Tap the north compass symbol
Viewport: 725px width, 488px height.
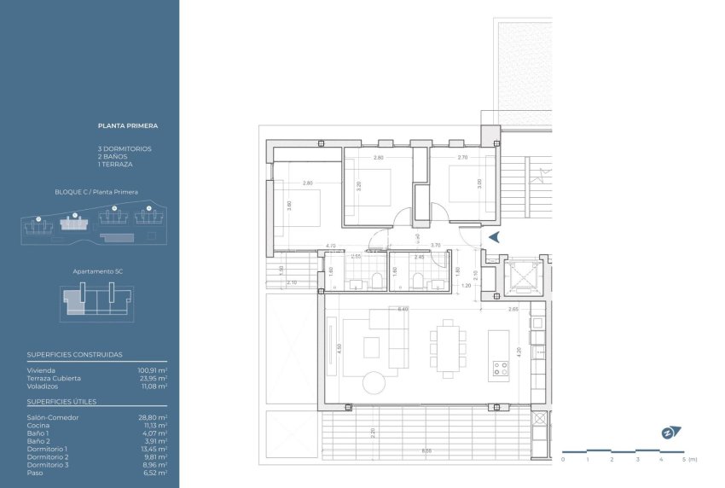click(x=667, y=433)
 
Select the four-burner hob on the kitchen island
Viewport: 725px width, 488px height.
click(x=500, y=369)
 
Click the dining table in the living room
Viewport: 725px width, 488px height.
click(x=447, y=348)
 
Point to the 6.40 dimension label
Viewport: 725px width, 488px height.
click(x=403, y=309)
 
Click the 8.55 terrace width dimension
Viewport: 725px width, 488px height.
click(x=426, y=450)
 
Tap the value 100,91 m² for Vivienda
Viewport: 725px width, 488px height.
click(x=153, y=371)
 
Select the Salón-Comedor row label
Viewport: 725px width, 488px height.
click(x=53, y=417)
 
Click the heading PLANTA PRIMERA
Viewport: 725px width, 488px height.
click(x=128, y=125)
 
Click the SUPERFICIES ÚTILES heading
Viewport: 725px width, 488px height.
click(x=61, y=401)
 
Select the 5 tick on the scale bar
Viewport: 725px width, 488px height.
click(x=684, y=459)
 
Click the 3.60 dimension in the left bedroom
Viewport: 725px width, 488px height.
click(x=290, y=205)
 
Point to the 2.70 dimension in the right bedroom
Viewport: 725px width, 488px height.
click(x=462, y=158)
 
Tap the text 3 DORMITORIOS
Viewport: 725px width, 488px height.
click(x=125, y=148)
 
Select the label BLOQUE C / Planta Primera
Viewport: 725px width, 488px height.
click(x=96, y=192)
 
